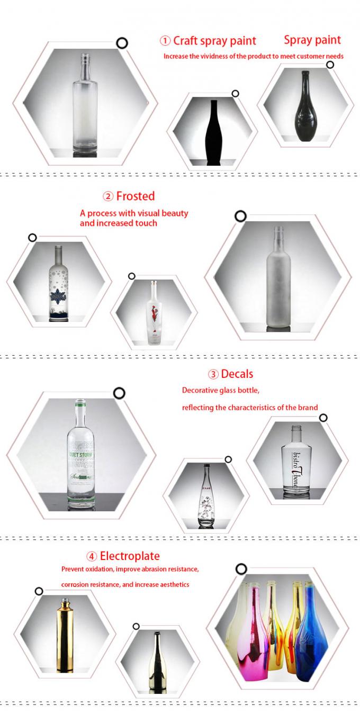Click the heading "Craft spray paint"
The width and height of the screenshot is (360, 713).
coord(214,41)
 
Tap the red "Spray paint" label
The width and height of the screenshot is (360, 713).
coord(312,40)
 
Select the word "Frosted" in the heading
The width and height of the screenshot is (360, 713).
coord(136,196)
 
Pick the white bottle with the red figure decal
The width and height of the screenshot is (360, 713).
coord(154,312)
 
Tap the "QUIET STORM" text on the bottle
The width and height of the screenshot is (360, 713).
coord(81,453)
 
